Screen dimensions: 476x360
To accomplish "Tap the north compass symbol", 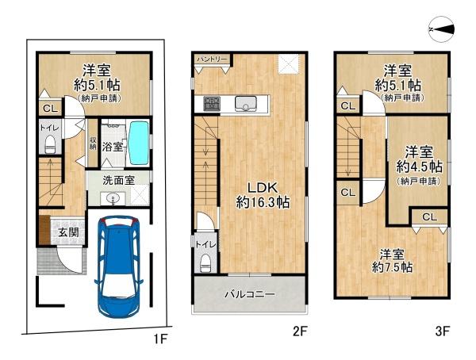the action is (442, 29).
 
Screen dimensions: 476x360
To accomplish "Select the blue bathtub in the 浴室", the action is (139, 143).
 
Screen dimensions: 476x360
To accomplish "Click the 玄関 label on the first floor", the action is (68, 232).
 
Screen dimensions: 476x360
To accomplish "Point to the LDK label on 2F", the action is (263, 188).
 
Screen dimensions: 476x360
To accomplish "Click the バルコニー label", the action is (250, 294).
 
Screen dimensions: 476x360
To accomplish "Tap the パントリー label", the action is (213, 59).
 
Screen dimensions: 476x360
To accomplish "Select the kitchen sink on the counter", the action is (246, 103).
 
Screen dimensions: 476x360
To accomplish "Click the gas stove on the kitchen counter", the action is (212, 103).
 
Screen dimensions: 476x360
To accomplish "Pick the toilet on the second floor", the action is (206, 263).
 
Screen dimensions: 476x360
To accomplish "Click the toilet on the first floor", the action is (50, 144).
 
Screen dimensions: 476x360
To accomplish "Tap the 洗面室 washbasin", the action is (113, 199).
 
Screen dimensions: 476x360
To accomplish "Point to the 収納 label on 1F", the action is (93, 143).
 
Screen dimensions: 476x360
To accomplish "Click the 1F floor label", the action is (160, 338).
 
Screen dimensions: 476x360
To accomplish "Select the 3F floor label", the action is (442, 331).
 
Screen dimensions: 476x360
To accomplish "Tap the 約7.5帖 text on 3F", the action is (392, 267).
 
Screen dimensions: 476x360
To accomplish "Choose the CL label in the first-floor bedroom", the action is (51, 109).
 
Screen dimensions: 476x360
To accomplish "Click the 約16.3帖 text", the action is (263, 202).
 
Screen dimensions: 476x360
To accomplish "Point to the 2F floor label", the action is (300, 331).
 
